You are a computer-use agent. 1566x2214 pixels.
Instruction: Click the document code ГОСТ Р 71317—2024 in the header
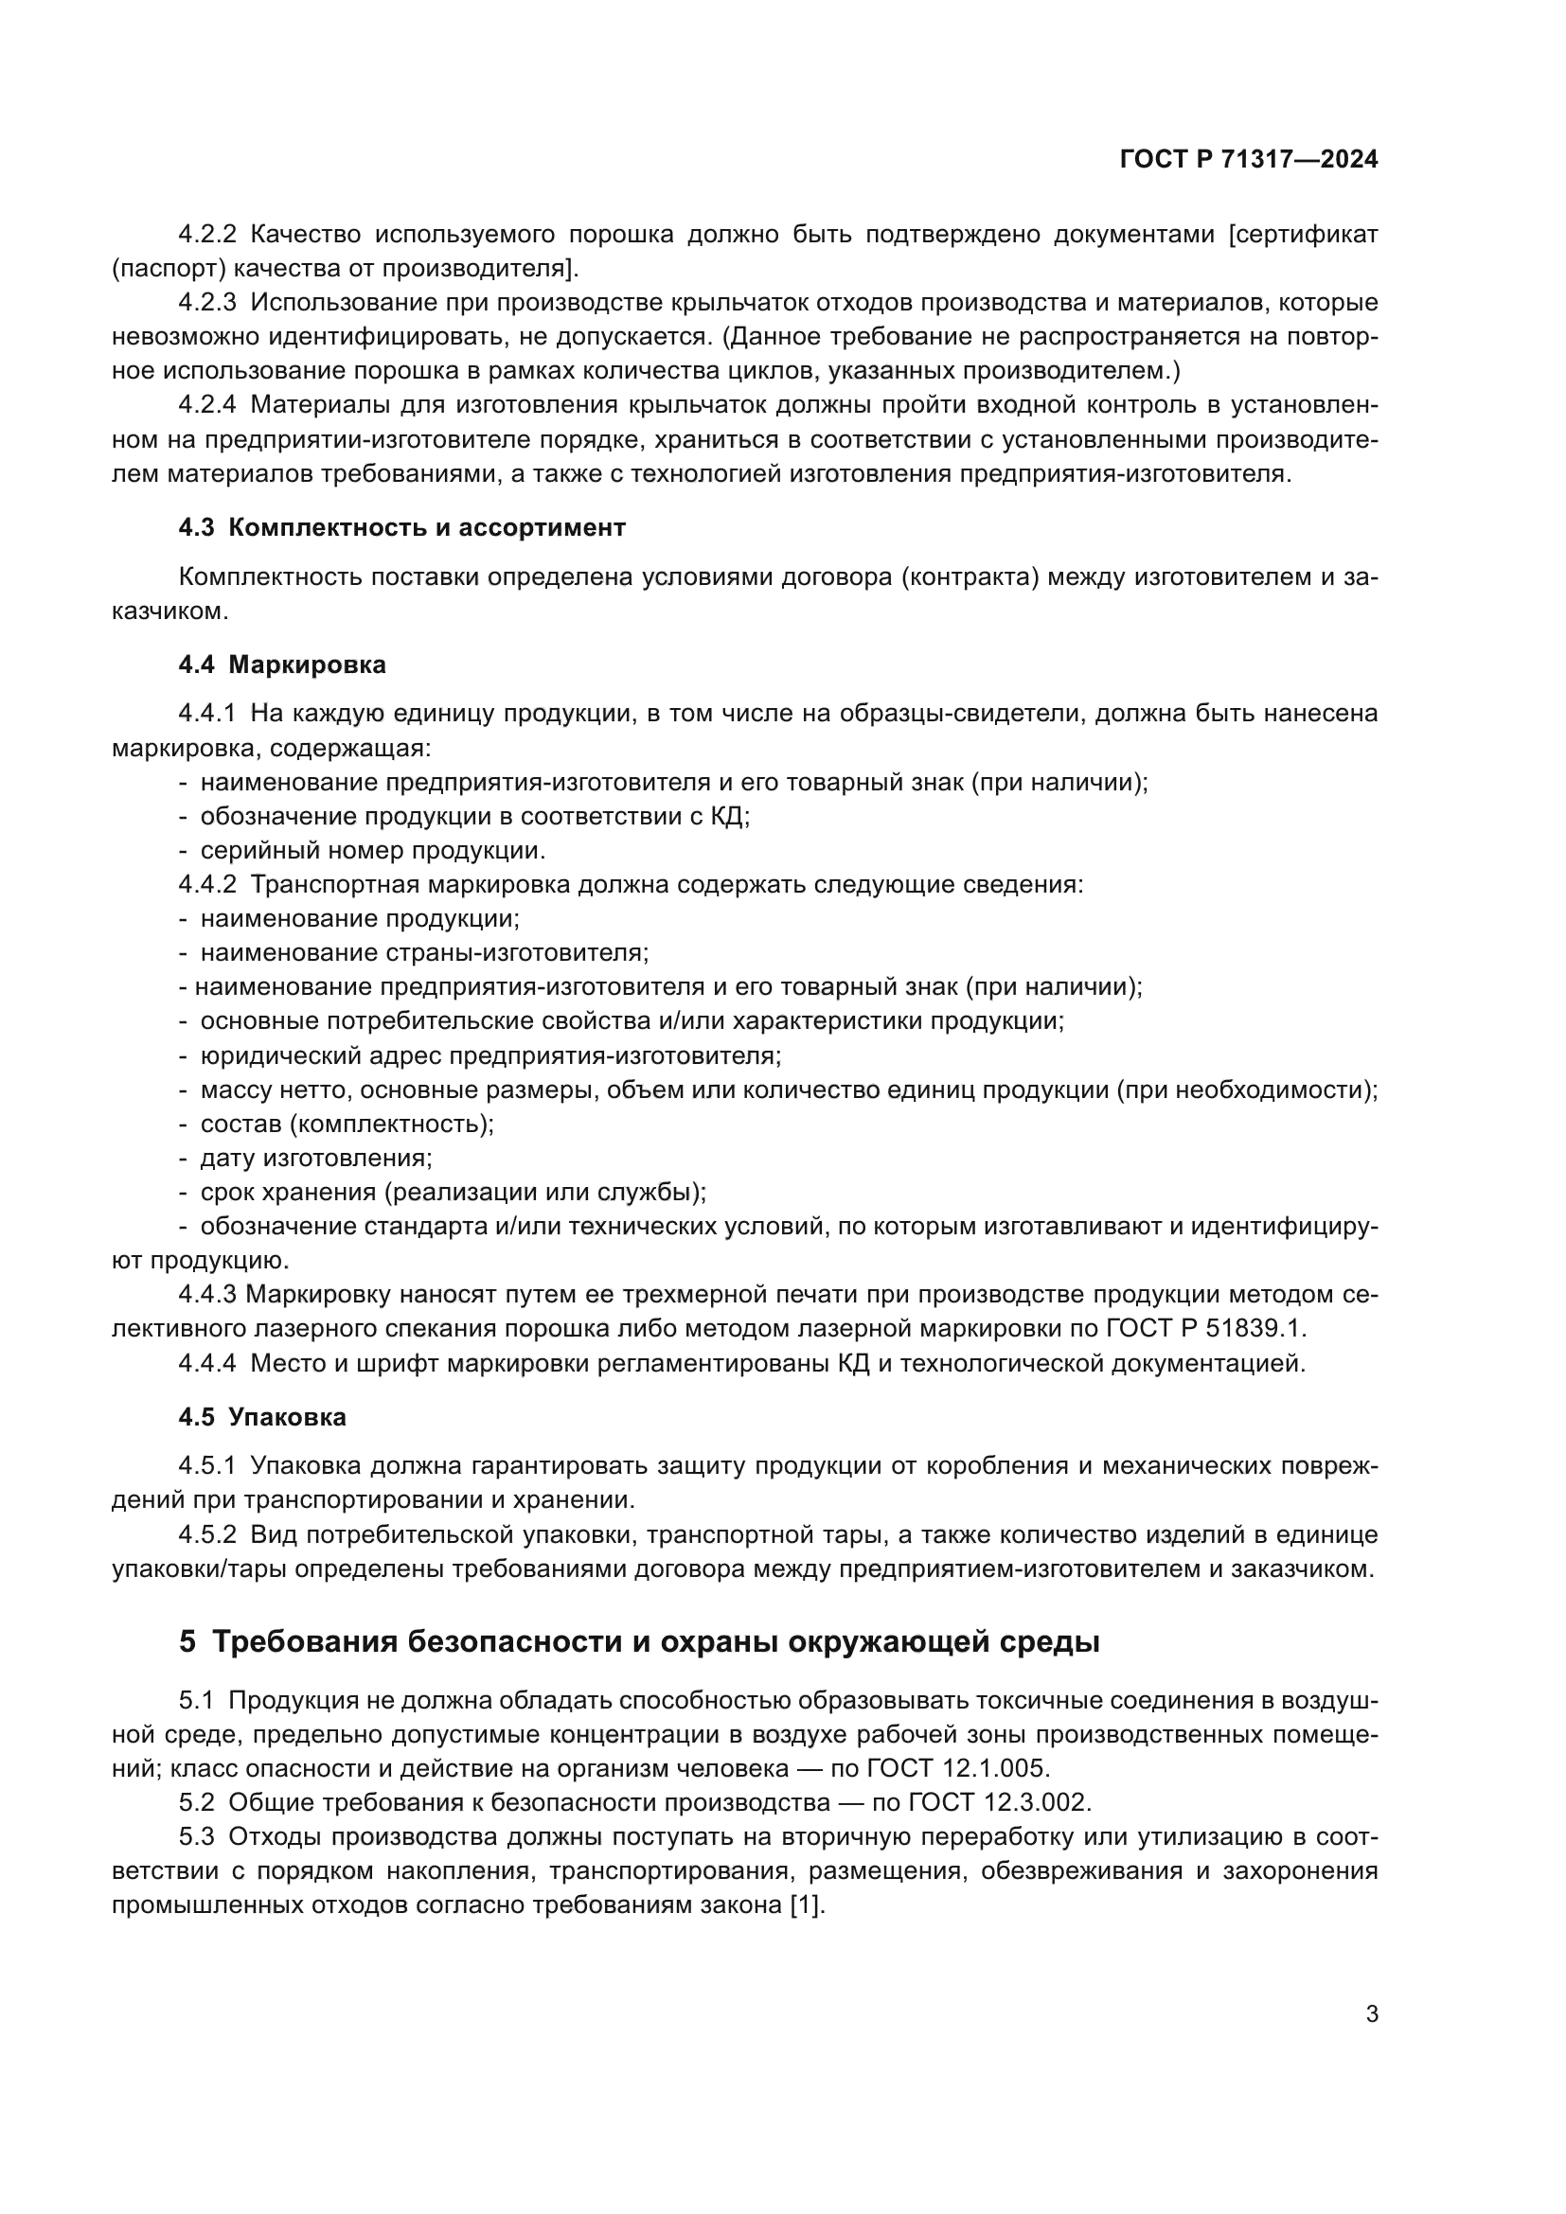click(x=1249, y=160)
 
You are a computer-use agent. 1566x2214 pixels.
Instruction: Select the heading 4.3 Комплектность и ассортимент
click(x=402, y=527)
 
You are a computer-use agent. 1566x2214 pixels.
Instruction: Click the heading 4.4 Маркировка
click(x=281, y=664)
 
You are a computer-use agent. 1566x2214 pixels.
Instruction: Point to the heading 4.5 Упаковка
click(x=262, y=1418)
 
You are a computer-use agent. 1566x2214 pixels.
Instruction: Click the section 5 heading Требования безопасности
click(x=638, y=1641)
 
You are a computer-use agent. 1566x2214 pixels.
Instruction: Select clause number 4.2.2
click(x=207, y=235)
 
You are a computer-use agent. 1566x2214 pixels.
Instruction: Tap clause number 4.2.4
click(x=207, y=405)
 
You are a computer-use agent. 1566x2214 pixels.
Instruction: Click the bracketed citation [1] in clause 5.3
click(x=807, y=1905)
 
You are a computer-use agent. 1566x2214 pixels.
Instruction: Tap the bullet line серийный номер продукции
click(x=372, y=851)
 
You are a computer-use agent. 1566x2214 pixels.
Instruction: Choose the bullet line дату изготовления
click(x=316, y=1158)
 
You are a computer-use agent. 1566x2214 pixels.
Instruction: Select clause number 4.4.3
click(x=207, y=1295)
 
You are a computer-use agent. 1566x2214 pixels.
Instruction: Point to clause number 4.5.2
click(x=207, y=1534)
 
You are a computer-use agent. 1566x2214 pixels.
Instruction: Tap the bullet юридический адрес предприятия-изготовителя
click(x=489, y=1054)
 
